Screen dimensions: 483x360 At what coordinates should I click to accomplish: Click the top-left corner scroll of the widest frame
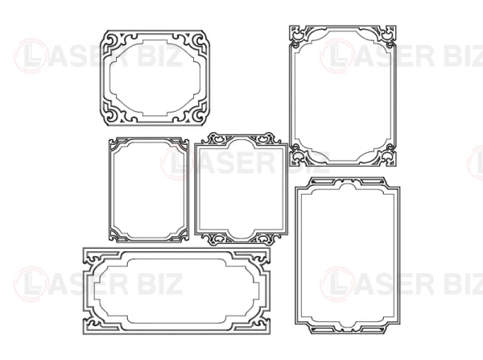(x=93, y=258)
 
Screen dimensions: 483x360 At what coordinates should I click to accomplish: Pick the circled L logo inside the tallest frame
(x=336, y=284)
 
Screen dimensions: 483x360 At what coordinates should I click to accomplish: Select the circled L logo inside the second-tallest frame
(x=336, y=56)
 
